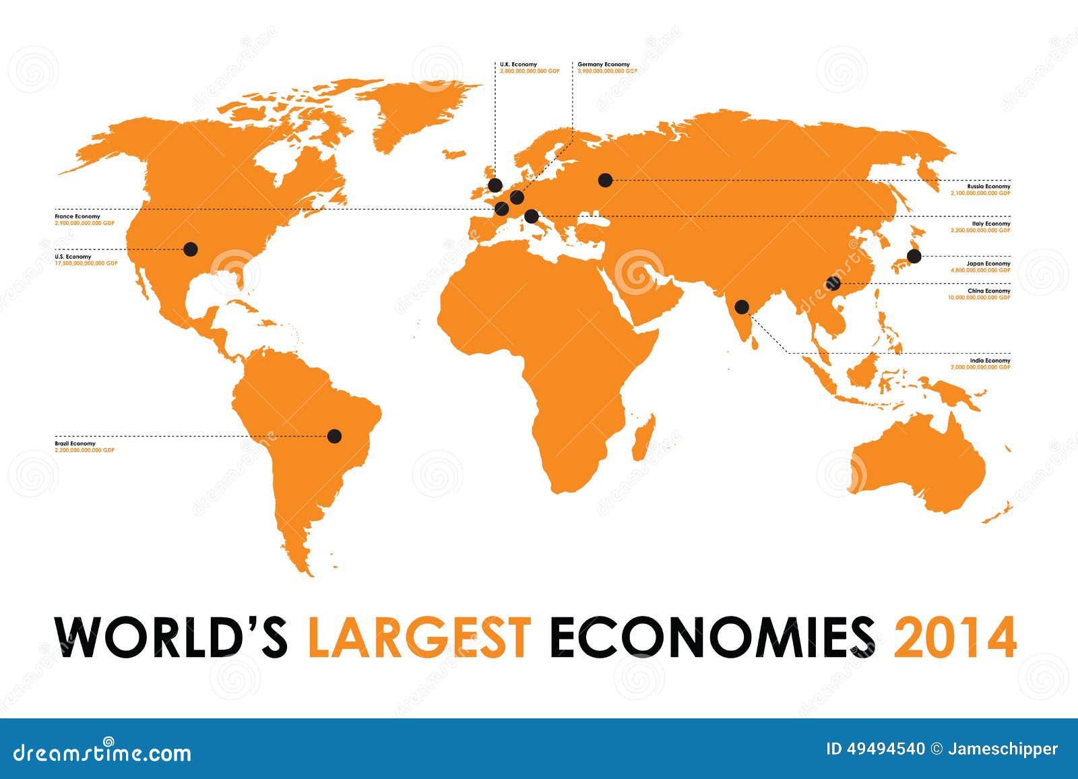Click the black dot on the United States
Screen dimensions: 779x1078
[x=191, y=249]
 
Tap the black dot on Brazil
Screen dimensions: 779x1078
[x=334, y=436]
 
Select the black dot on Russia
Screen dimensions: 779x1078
[x=605, y=180]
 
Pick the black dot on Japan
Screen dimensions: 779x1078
[x=914, y=256]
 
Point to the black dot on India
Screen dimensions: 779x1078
[x=742, y=307]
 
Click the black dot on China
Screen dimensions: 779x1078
[x=833, y=283]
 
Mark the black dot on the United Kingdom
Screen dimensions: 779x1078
[x=495, y=185]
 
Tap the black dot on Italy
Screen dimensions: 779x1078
[x=532, y=216]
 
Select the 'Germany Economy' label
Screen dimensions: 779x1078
[x=604, y=65]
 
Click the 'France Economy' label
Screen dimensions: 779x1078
[x=77, y=216]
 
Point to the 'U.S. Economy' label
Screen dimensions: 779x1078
[x=73, y=257]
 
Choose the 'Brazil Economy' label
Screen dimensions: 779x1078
[x=75, y=444]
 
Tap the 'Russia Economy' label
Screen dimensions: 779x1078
[x=988, y=186]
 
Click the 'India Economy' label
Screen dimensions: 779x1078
[x=990, y=361]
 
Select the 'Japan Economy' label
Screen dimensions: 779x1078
[x=989, y=263]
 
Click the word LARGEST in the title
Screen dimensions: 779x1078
[x=418, y=636]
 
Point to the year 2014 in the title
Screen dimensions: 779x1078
[x=954, y=636]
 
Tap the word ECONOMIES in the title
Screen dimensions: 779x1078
[x=713, y=636]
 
